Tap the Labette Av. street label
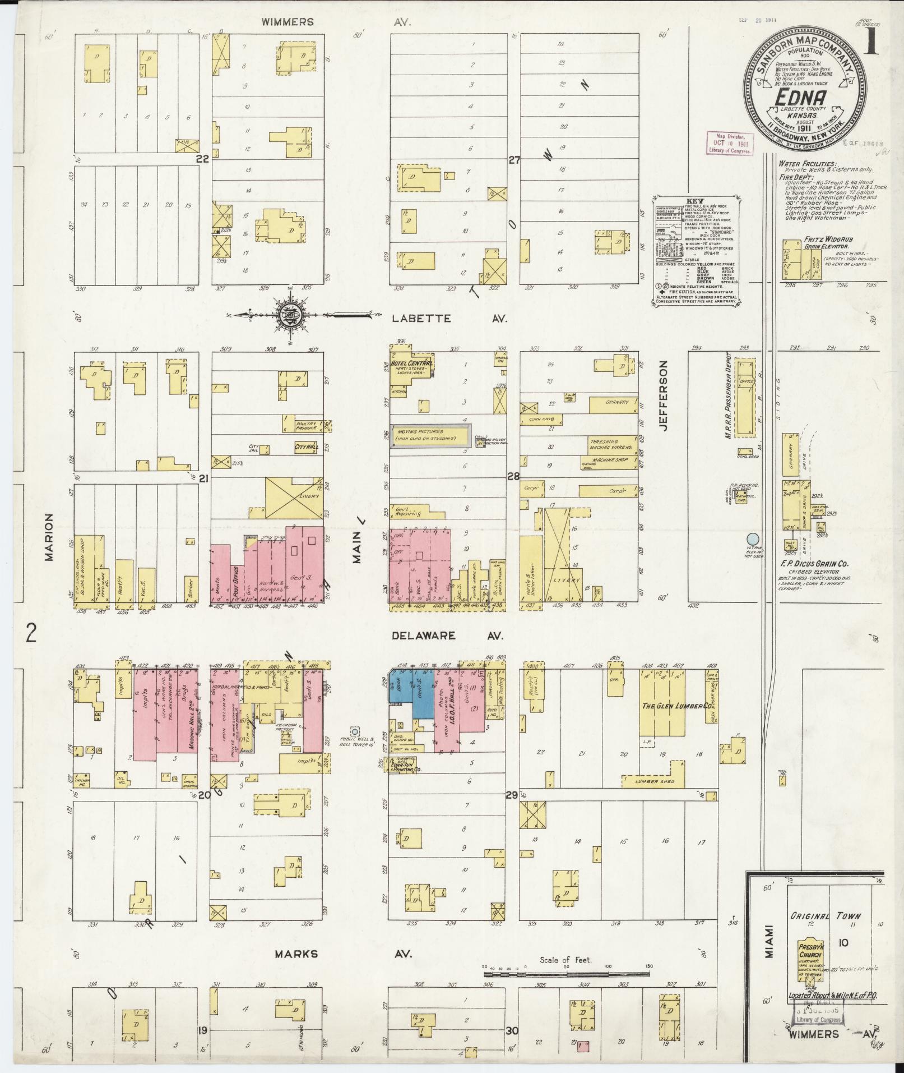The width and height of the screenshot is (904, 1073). point(449,319)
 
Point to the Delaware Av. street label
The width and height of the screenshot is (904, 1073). point(447,636)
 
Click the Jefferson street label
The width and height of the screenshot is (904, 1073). point(665,395)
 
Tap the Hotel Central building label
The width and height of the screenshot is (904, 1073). point(412,363)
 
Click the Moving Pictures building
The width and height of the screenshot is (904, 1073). point(430,435)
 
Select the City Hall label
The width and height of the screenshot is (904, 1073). point(305,447)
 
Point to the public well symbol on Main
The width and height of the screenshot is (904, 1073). point(355,731)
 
